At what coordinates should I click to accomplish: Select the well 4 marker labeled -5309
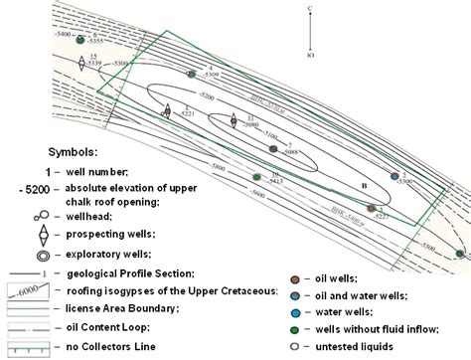pyautogui.click(x=192, y=74)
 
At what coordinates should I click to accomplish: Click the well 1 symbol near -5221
pyautogui.click(x=166, y=112)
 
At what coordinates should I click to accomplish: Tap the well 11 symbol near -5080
pyautogui.click(x=237, y=124)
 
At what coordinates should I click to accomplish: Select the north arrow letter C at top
pyautogui.click(x=311, y=8)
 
